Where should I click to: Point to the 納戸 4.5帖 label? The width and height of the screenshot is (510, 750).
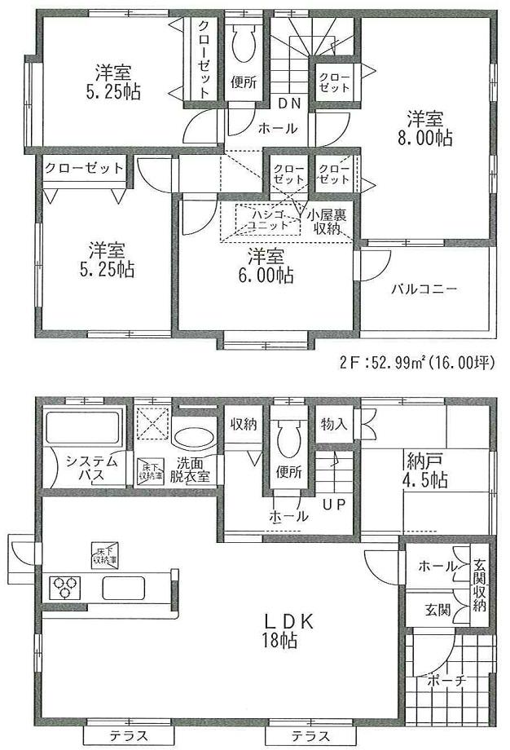click(424, 470)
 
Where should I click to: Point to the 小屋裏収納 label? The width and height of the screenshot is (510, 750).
click(328, 220)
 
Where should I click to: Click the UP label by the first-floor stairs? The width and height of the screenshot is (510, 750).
click(334, 504)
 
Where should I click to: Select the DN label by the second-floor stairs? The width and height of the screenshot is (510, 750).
click(288, 103)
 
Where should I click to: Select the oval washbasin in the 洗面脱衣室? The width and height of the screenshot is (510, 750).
click(195, 435)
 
